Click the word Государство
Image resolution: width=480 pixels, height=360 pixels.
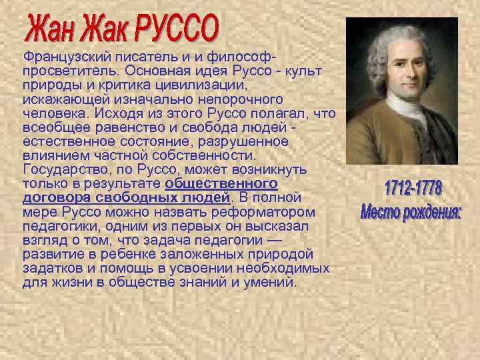pos(62,167)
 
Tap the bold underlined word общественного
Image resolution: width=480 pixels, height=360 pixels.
pos(221,183)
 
